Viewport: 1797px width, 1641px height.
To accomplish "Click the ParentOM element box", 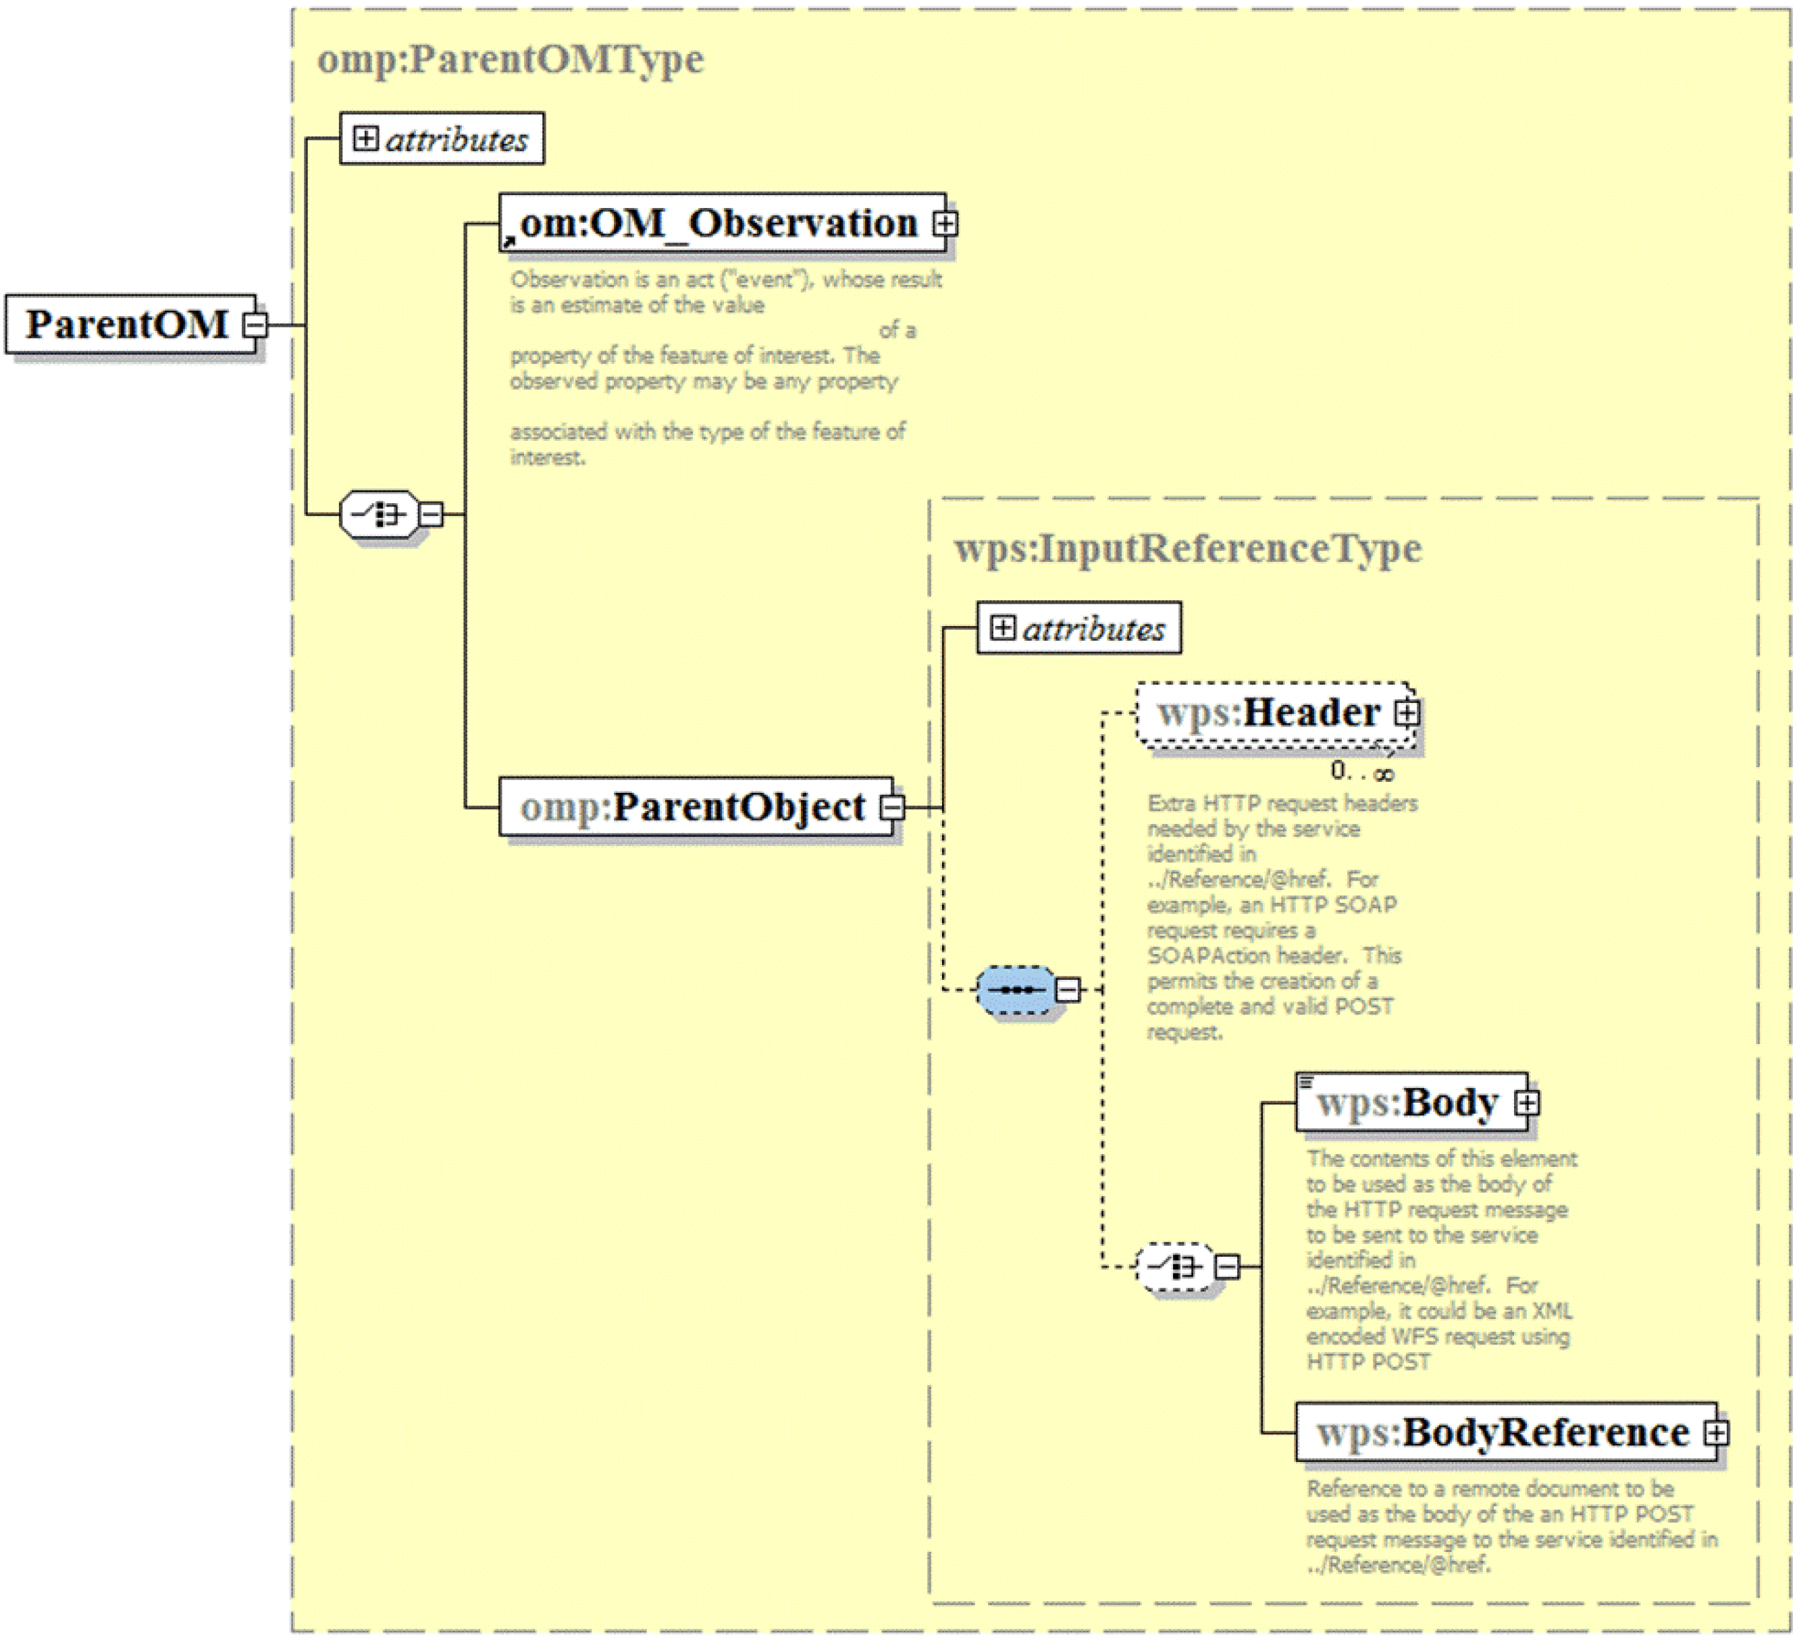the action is click(x=131, y=324).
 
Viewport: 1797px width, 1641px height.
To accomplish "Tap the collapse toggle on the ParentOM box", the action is click(x=255, y=324).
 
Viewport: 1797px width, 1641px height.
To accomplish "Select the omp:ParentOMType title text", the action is click(x=511, y=59).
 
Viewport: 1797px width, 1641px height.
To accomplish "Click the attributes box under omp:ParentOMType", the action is click(x=442, y=138).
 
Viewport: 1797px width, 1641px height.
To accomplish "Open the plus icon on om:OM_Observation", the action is click(x=945, y=223).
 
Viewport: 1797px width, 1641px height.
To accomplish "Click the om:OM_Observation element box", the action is click(x=723, y=223).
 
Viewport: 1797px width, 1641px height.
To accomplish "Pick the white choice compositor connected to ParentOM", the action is click(x=380, y=515).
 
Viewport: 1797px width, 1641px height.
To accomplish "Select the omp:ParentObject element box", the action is click(x=696, y=807).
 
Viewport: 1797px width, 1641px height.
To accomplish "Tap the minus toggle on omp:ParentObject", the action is click(x=892, y=808).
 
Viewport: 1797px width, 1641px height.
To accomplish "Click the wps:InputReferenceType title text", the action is click(x=1187, y=548).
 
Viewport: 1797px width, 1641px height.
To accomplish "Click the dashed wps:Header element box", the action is click(x=1276, y=712).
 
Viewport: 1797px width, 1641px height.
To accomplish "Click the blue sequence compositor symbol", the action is click(x=1016, y=989).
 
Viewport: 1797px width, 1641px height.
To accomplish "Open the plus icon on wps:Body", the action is click(x=1527, y=1103).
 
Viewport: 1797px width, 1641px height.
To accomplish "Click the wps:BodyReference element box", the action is click(x=1507, y=1432).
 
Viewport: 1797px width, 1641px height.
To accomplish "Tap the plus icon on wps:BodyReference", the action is click(x=1717, y=1433).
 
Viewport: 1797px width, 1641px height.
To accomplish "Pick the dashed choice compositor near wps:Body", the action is click(x=1176, y=1267).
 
